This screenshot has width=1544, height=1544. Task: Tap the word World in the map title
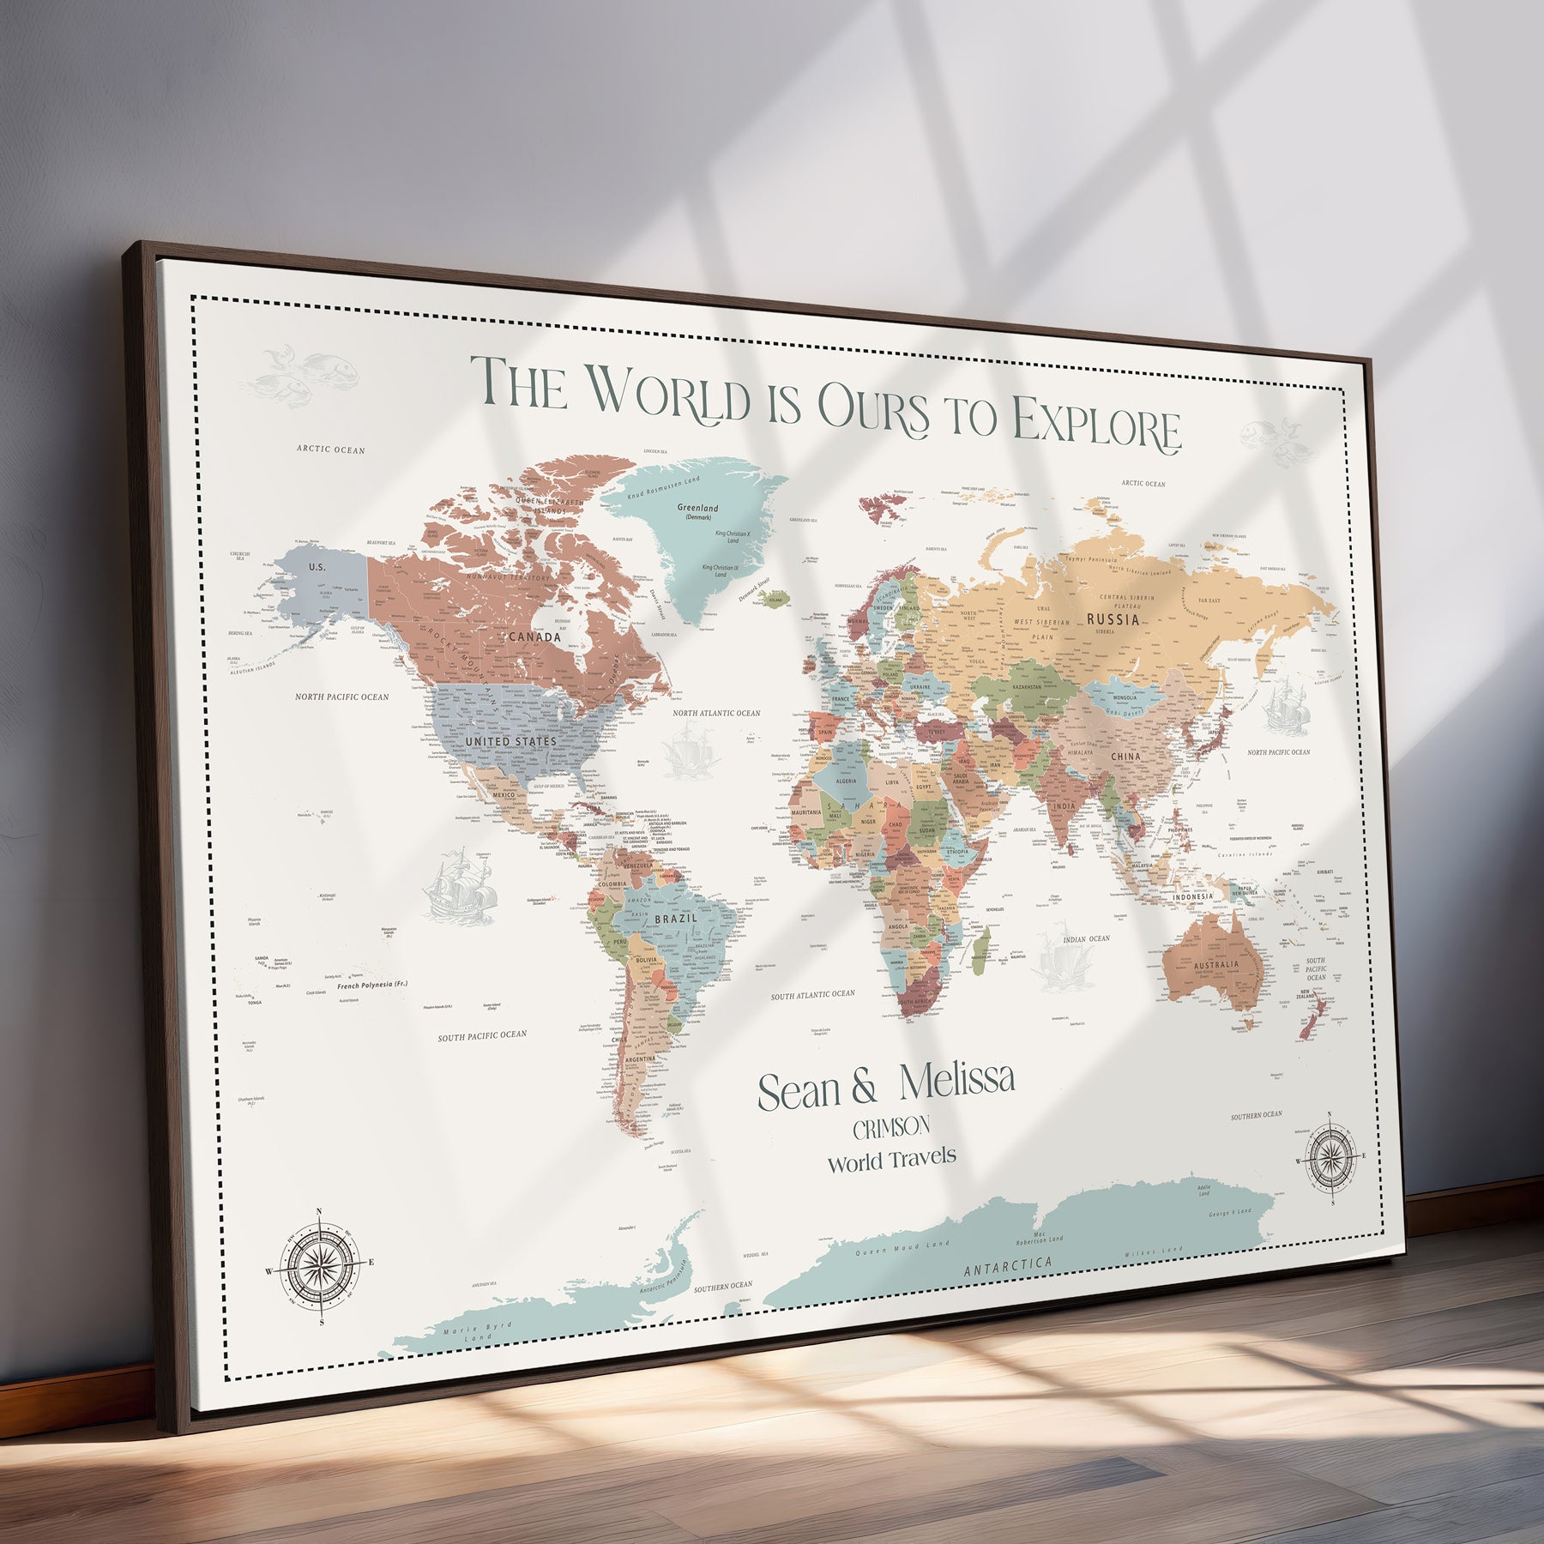pyautogui.click(x=670, y=395)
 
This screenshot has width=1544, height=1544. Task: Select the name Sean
pyautogui.click(x=799, y=1091)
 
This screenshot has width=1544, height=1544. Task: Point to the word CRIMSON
pyautogui.click(x=891, y=1127)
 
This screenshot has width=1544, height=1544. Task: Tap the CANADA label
pyautogui.click(x=534, y=636)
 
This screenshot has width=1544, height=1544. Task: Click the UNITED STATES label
pyautogui.click(x=510, y=741)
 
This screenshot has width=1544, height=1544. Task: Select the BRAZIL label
pyautogui.click(x=676, y=919)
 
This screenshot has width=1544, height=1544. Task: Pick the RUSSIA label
pyautogui.click(x=1113, y=619)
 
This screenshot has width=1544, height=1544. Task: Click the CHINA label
pyautogui.click(x=1125, y=757)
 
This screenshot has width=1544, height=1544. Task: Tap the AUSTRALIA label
pyautogui.click(x=1215, y=965)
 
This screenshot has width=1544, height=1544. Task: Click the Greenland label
pyautogui.click(x=697, y=509)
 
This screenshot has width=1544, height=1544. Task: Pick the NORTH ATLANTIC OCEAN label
pyautogui.click(x=716, y=713)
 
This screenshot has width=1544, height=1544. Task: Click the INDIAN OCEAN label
pyautogui.click(x=1086, y=939)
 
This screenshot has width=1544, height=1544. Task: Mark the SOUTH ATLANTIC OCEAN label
pyautogui.click(x=812, y=995)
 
